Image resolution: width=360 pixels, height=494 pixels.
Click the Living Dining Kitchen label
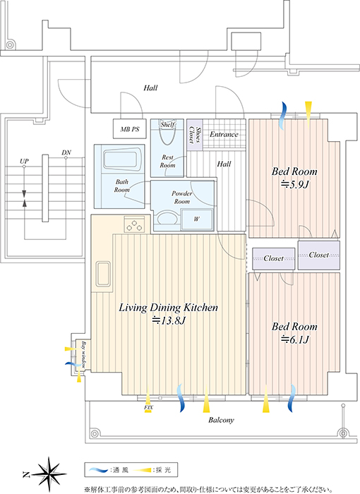point(168,308)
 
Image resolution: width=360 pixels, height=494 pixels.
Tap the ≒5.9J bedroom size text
point(294,185)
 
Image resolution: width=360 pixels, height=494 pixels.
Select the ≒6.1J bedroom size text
point(294,339)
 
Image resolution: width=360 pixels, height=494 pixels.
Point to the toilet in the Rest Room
point(167,133)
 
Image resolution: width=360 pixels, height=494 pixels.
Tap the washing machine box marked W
point(197,219)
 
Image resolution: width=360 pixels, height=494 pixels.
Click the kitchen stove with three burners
point(134,224)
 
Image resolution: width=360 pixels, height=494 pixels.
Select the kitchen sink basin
point(102,274)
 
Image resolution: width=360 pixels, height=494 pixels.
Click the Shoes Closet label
point(195,135)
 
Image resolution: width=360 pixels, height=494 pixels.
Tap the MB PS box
point(130,129)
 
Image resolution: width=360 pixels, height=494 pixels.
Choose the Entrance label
point(224,135)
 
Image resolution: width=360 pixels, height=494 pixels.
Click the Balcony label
point(222,420)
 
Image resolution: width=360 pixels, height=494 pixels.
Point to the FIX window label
point(148,407)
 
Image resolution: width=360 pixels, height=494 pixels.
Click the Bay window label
point(83,354)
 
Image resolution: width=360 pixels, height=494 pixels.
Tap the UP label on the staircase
point(24,162)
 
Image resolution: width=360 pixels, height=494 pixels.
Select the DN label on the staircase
point(66,153)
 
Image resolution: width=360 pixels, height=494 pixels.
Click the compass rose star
point(49,474)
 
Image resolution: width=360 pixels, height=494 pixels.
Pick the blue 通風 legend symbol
point(99,470)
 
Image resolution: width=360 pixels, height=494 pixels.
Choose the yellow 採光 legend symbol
point(142,471)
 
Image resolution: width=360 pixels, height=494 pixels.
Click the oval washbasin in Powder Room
point(167,218)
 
